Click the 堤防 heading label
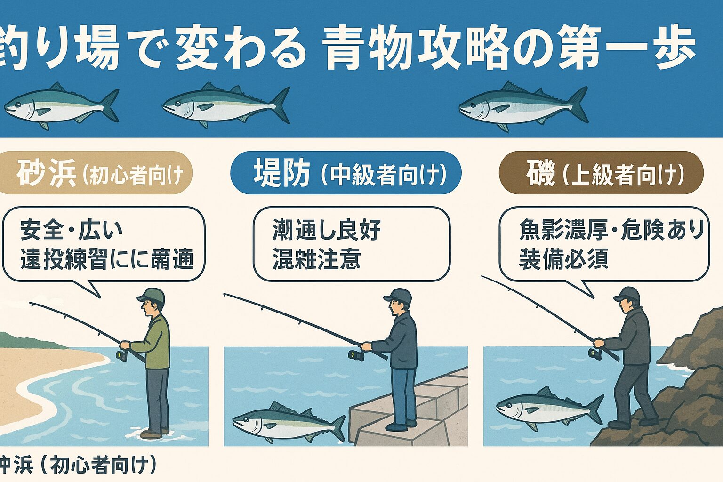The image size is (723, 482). coord(281,173)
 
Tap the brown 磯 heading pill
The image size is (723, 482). coord(601,173)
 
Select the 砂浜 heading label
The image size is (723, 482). coord(46,173)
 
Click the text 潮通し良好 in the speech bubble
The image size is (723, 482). coord(326,231)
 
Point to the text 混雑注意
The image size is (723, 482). coord(316,259)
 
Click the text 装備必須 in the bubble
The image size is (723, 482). coord(563,258)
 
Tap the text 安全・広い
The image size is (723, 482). coord(72,231)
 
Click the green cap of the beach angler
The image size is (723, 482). coord(152,296)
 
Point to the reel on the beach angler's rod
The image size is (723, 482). coord(121,354)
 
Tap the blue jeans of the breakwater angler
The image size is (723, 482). coord(403,395)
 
